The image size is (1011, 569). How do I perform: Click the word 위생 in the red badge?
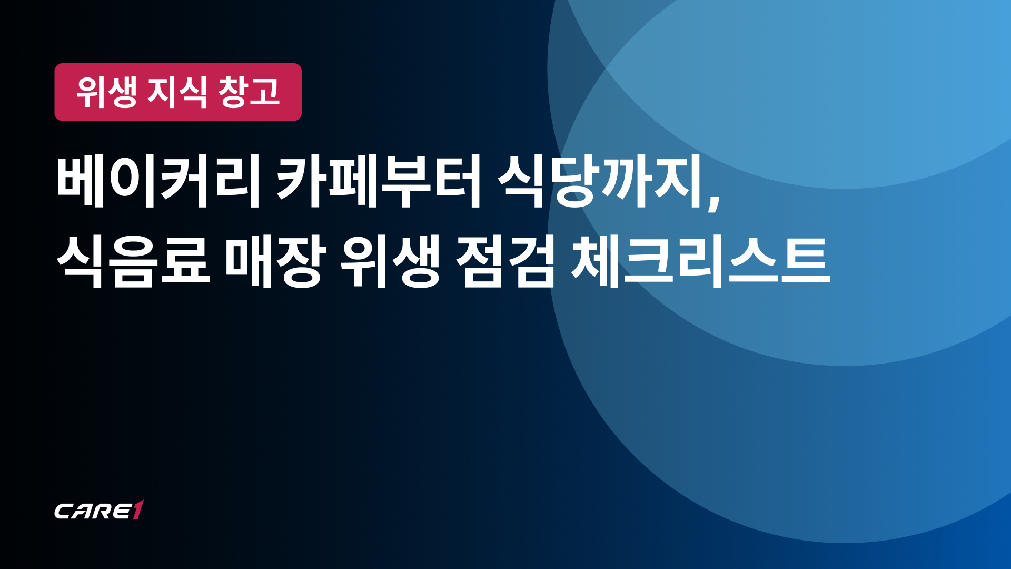pyautogui.click(x=107, y=92)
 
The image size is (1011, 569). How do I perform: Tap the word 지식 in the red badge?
pyautogui.click(x=178, y=92)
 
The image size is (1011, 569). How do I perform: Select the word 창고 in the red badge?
pyautogui.click(x=249, y=92)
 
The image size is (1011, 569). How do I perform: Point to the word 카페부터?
pyautogui.click(x=379, y=182)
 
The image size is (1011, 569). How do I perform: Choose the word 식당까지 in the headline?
pyautogui.click(x=600, y=182)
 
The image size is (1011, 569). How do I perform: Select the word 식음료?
pyautogui.click(x=133, y=262)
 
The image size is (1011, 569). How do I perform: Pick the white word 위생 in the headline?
pyautogui.click(x=390, y=262)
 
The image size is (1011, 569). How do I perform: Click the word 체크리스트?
pyautogui.click(x=701, y=262)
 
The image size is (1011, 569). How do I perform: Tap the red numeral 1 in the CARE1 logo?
pyautogui.click(x=137, y=509)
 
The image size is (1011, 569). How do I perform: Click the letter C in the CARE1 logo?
pyautogui.click(x=64, y=511)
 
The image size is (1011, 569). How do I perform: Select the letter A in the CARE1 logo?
pyautogui.click(x=83, y=511)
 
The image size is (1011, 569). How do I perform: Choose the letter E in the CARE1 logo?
pyautogui.click(x=122, y=511)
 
